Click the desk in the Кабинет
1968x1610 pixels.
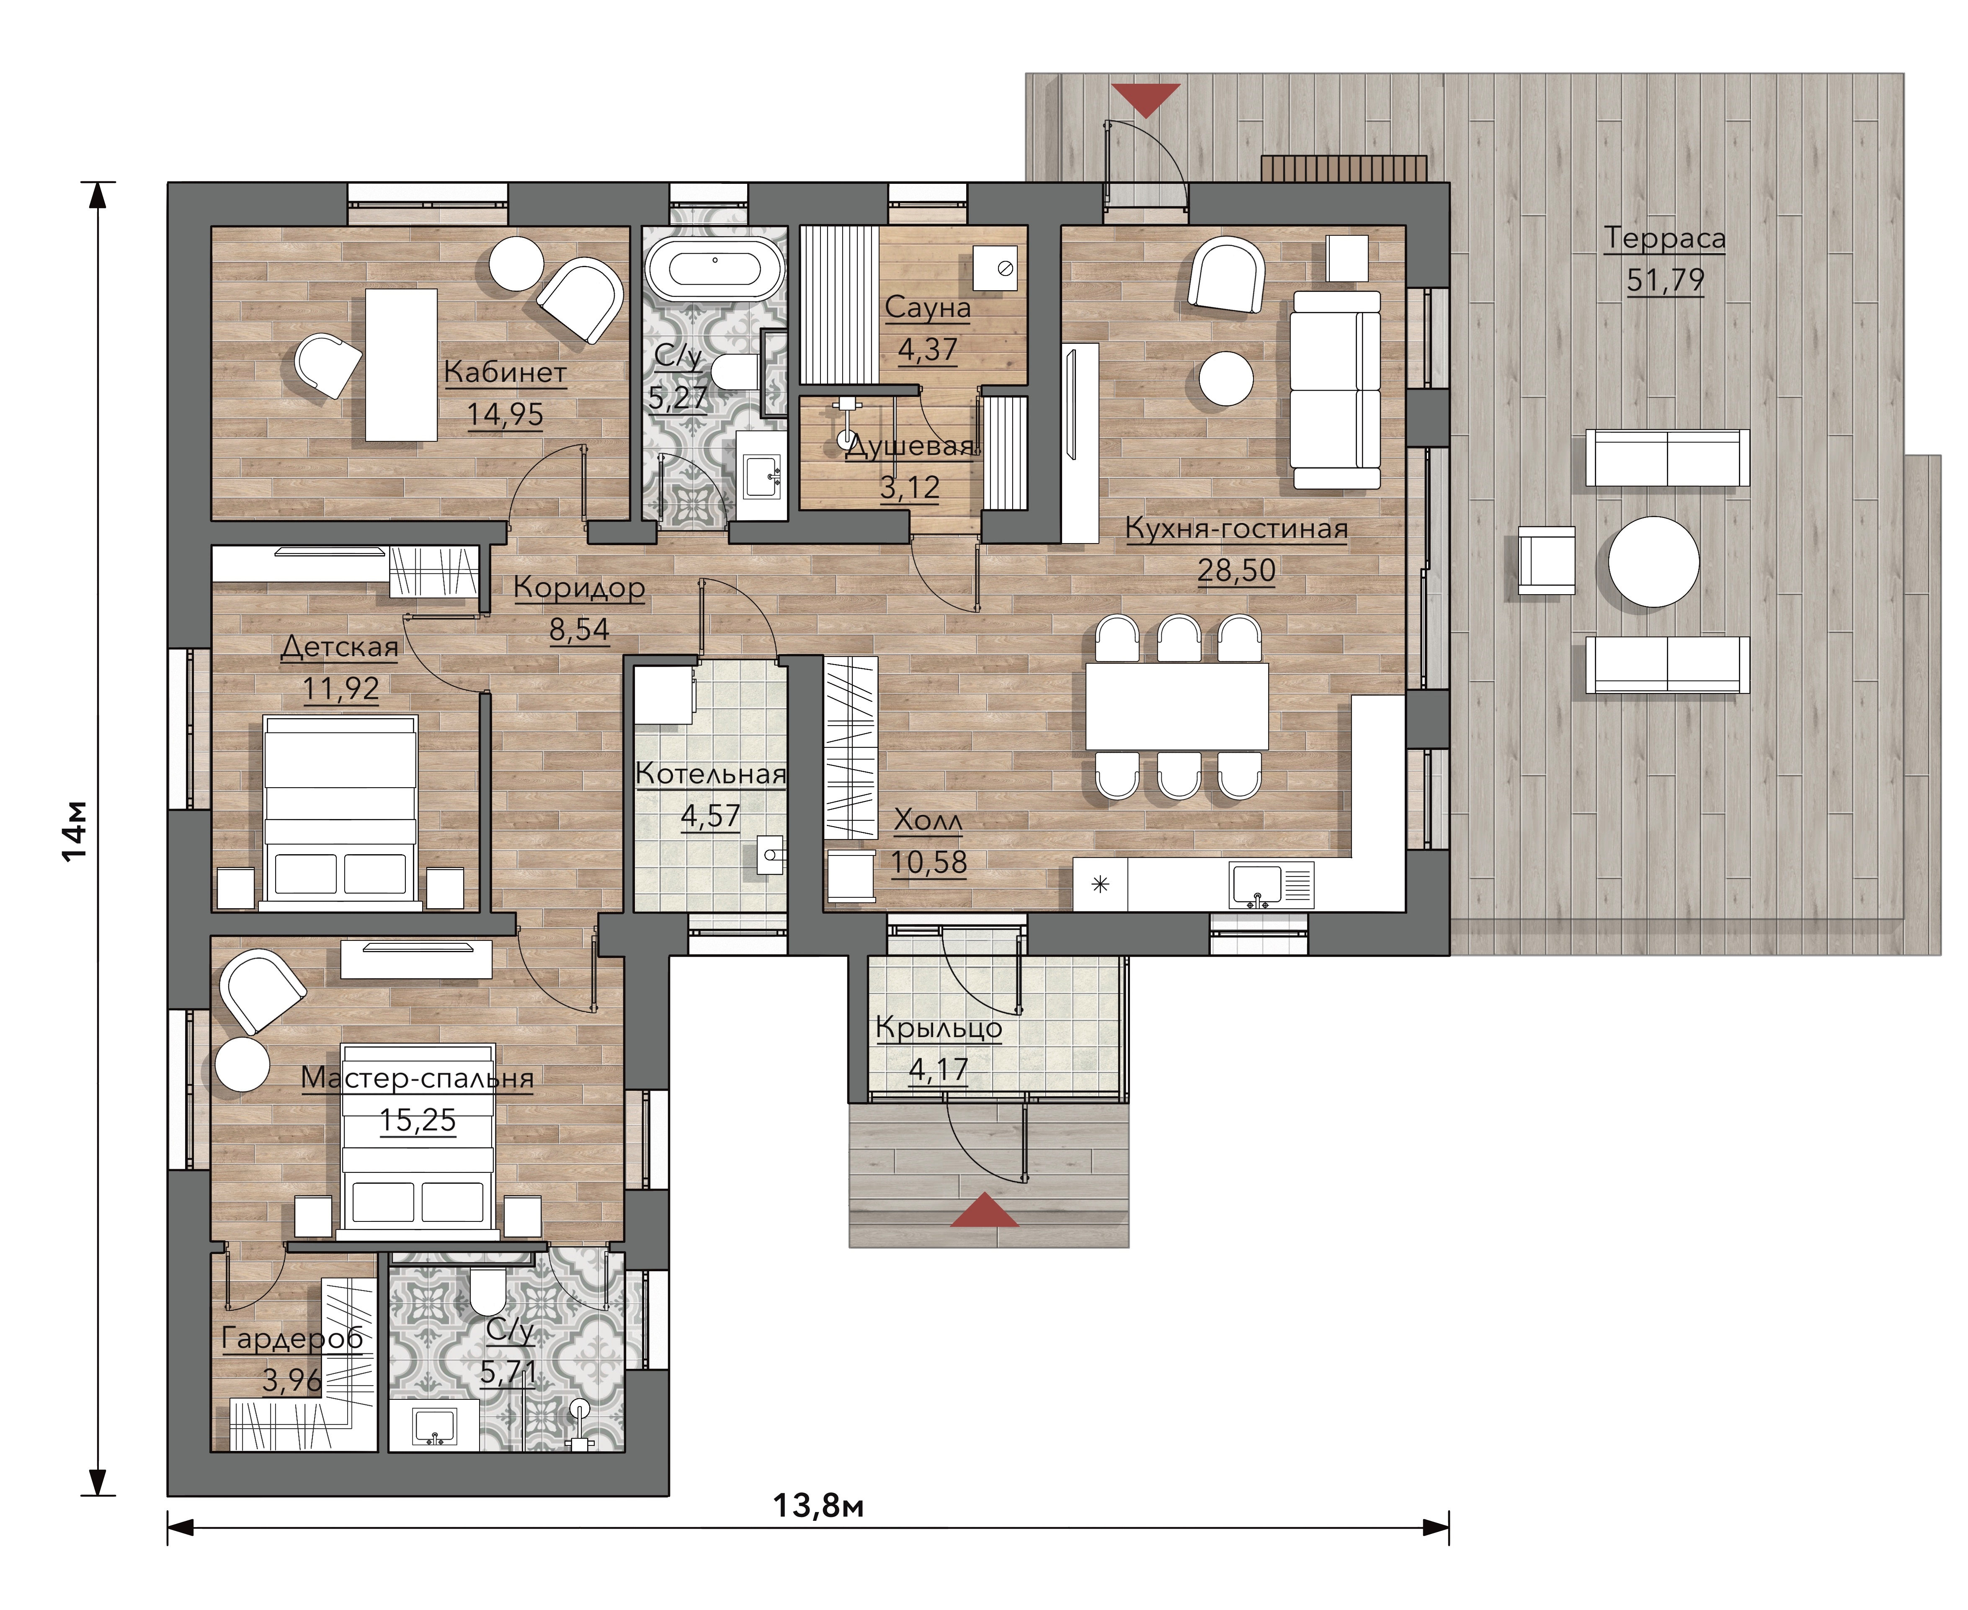point(401,364)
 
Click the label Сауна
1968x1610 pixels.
point(927,307)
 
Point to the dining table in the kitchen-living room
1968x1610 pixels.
point(1177,706)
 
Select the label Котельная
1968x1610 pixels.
point(710,773)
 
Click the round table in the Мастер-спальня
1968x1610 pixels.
point(242,1064)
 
